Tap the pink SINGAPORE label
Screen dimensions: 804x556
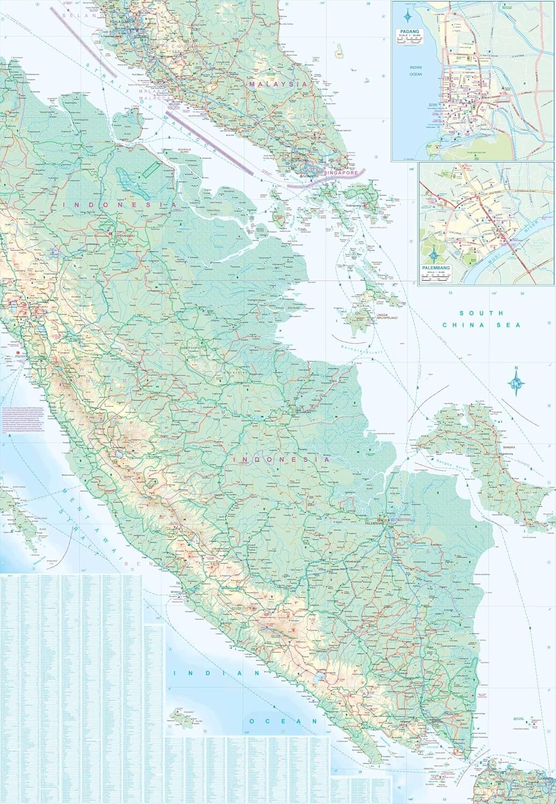(342, 173)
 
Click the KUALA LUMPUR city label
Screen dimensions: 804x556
(124, 21)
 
